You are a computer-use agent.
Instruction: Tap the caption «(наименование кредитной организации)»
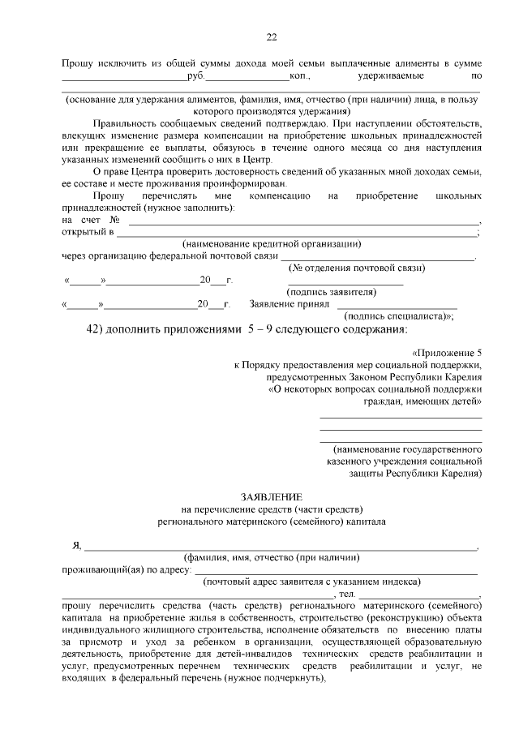272,244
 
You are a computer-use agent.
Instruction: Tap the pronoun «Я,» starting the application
77,547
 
